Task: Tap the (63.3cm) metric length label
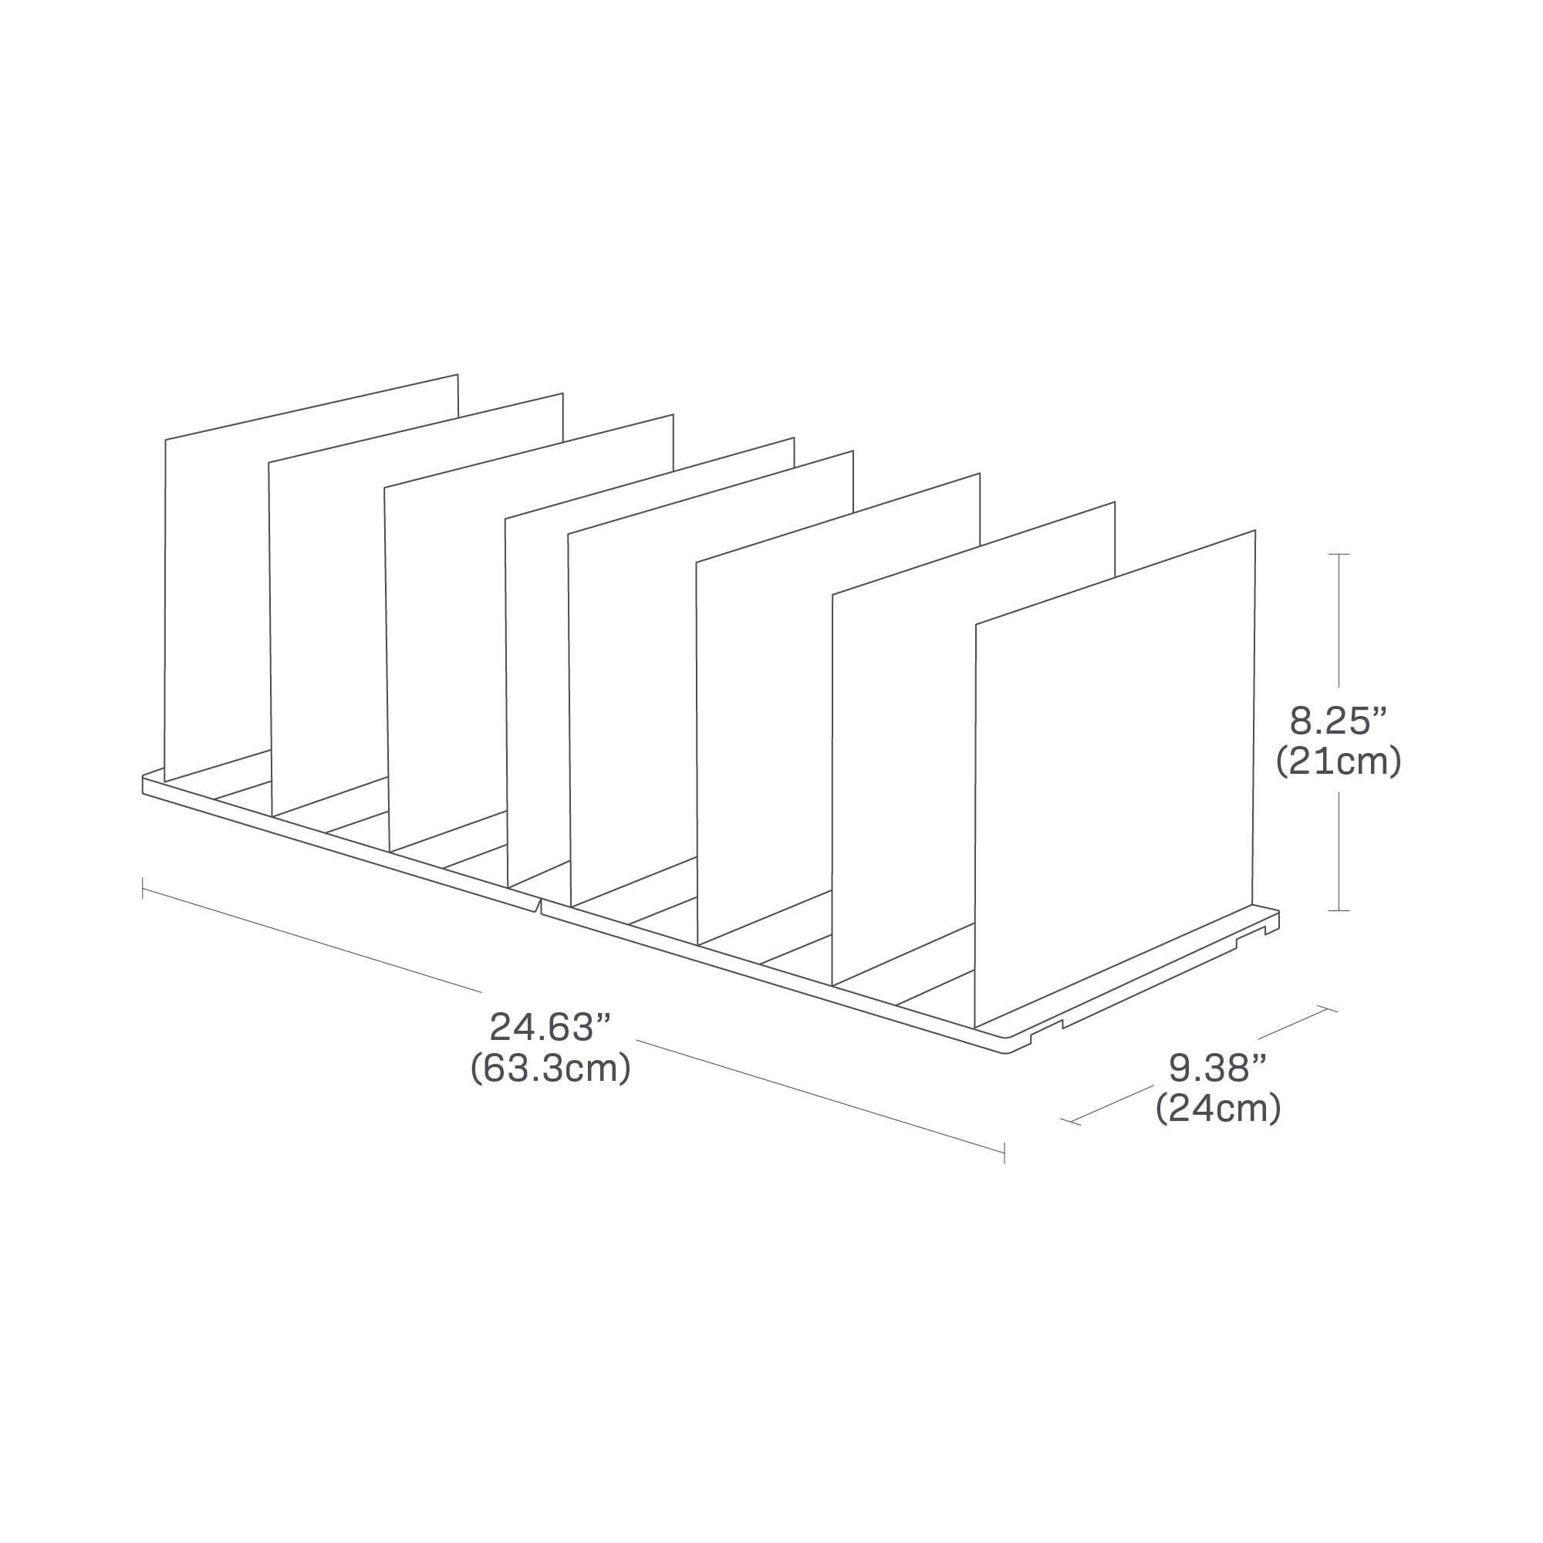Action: pyautogui.click(x=550, y=1069)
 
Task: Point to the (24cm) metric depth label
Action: pyautogui.click(x=1219, y=1109)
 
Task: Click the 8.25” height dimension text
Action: pyautogui.click(x=1338, y=722)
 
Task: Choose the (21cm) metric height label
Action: pyautogui.click(x=1339, y=762)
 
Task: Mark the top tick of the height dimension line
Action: pyautogui.click(x=1339, y=553)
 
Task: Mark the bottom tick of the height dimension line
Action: pyautogui.click(x=1339, y=910)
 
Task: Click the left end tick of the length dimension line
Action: pyautogui.click(x=143, y=888)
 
